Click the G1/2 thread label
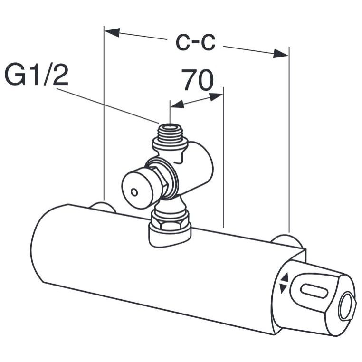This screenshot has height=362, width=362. pos(37,74)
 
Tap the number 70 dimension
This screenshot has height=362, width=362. pos(198,80)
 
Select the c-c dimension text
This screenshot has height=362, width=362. pos(195,42)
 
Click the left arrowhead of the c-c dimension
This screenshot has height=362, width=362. pos(112,32)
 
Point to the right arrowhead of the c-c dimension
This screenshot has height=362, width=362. pos(281,53)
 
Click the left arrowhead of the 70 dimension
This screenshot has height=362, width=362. pos(177,105)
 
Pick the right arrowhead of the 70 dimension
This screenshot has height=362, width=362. pos(216,97)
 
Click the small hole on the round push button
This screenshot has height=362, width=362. pos(134,192)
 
